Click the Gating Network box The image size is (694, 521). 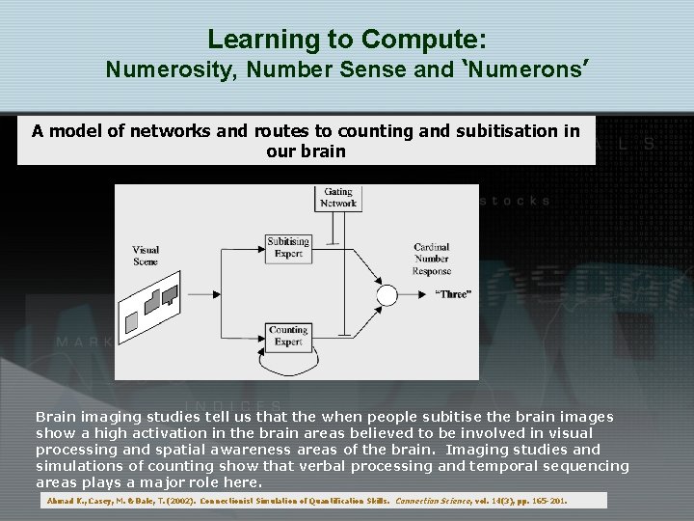[x=338, y=198]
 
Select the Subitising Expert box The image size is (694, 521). [x=288, y=247]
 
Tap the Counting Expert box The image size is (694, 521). [x=288, y=336]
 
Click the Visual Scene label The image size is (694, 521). [x=146, y=256]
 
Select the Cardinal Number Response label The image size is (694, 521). [x=431, y=260]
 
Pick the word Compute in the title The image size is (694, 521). [x=423, y=40]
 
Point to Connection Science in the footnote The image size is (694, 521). [x=432, y=502]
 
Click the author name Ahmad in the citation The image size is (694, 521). [x=61, y=502]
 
